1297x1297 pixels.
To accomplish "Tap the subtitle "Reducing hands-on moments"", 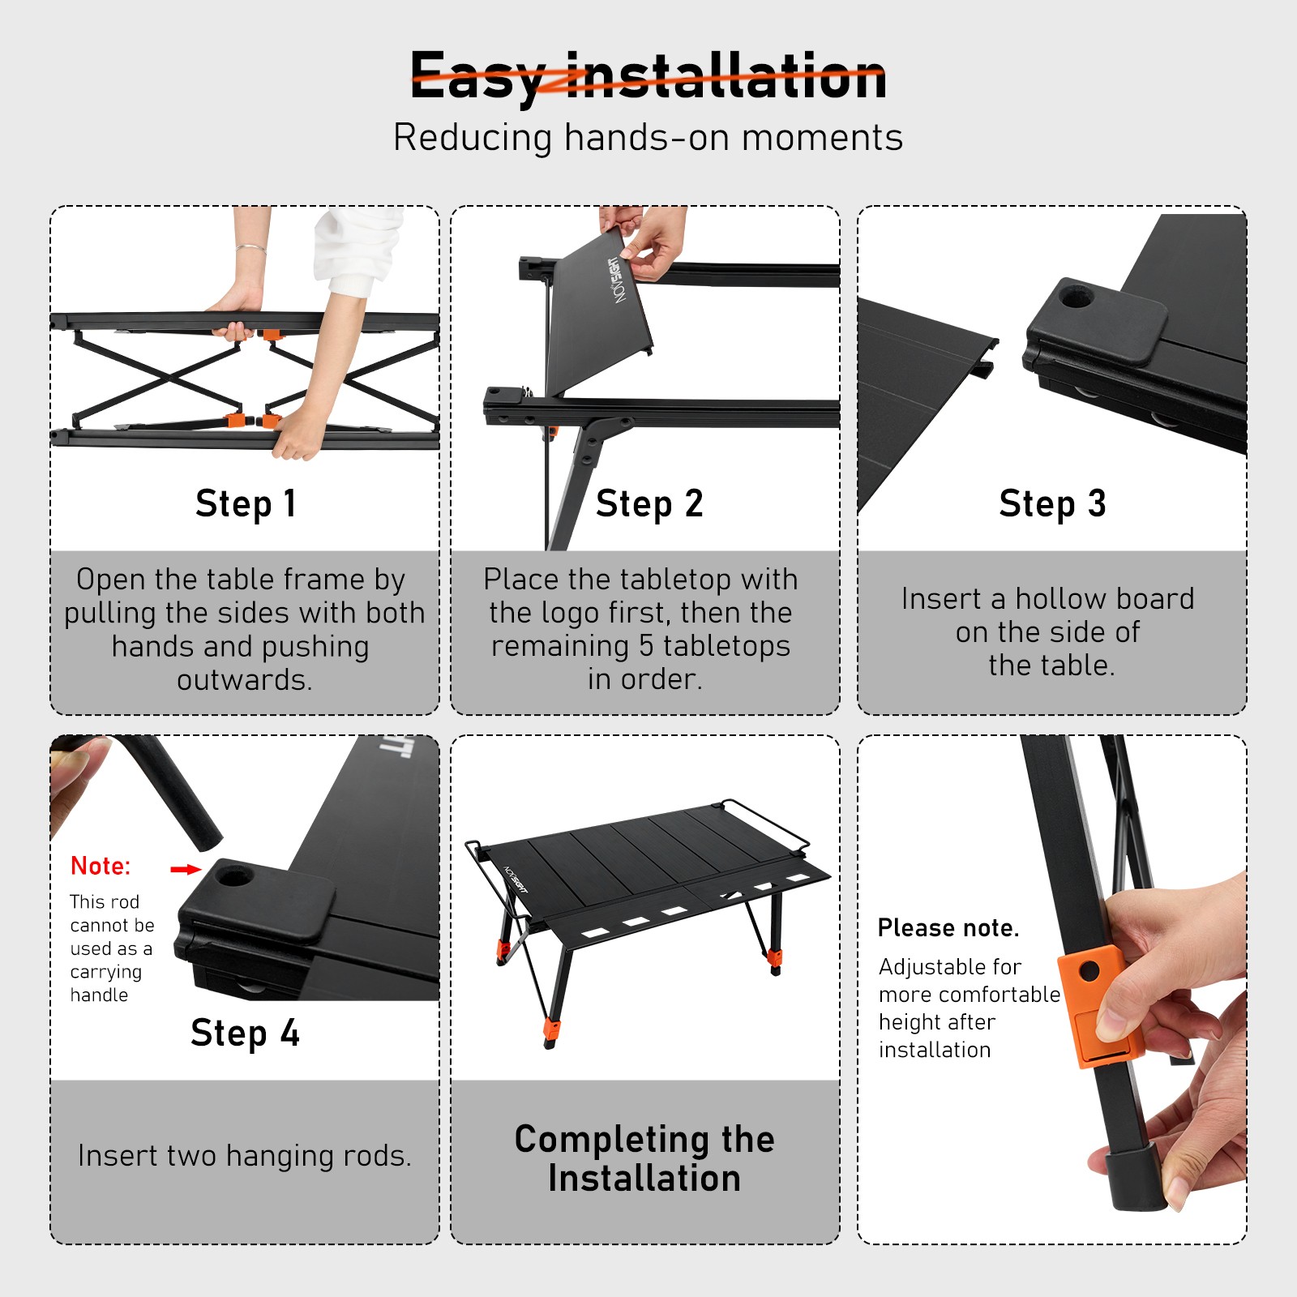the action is pyautogui.click(x=648, y=137).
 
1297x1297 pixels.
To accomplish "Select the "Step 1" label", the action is pyautogui.click(x=246, y=503).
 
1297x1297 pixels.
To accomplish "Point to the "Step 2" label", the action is pyautogui.click(x=649, y=503).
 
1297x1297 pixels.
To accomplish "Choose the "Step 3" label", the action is pyautogui.click(x=1052, y=503).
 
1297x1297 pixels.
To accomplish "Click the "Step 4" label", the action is pyautogui.click(x=245, y=1033).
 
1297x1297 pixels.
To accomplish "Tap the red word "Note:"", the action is pyautogui.click(x=101, y=866).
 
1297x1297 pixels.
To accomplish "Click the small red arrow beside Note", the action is pyautogui.click(x=186, y=869).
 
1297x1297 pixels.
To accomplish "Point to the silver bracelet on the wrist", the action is pyautogui.click(x=251, y=249).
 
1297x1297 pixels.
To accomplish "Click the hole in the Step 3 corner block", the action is pyautogui.click(x=1077, y=297).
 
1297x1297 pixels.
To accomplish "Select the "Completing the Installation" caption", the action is pyautogui.click(x=644, y=1158).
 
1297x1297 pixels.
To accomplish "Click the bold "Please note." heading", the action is pyautogui.click(x=948, y=927).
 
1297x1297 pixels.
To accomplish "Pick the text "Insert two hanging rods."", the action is pyautogui.click(x=245, y=1155).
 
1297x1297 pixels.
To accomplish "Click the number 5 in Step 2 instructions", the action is pyautogui.click(x=646, y=646).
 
